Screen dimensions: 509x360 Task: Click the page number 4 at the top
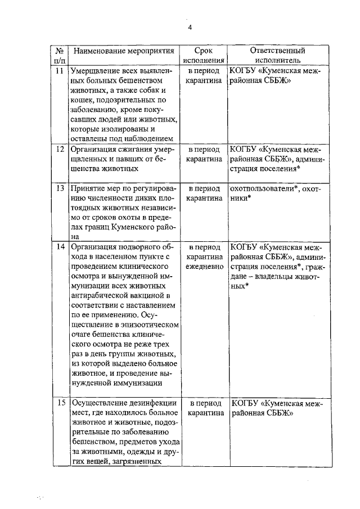pos(189,28)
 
